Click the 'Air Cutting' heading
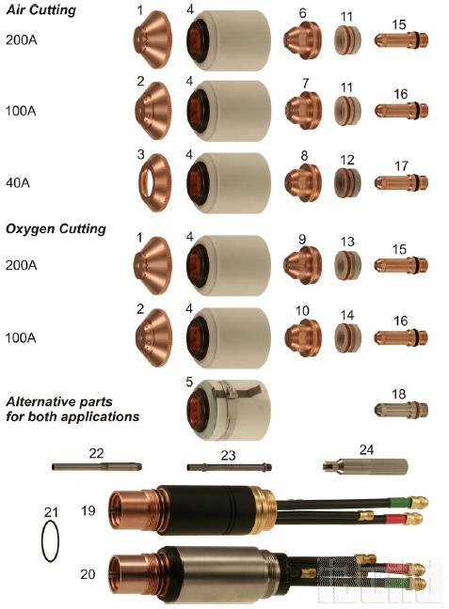coord(40,9)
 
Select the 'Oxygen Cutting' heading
coord(56,228)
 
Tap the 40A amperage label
coord(18,182)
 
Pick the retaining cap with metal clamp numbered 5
coord(227,410)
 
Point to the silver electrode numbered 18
coord(401,410)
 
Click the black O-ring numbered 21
coord(50,541)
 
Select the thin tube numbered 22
coord(97,466)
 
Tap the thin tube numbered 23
coord(229,467)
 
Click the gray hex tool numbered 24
coord(365,466)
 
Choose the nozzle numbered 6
coord(303,39)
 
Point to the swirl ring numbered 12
coord(347,182)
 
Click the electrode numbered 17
coord(401,182)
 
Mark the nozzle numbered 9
coord(303,265)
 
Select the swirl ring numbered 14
coord(347,336)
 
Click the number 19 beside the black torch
coord(88,510)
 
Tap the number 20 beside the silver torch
coord(88,573)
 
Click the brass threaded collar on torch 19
coord(264,509)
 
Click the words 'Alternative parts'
coord(59,401)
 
